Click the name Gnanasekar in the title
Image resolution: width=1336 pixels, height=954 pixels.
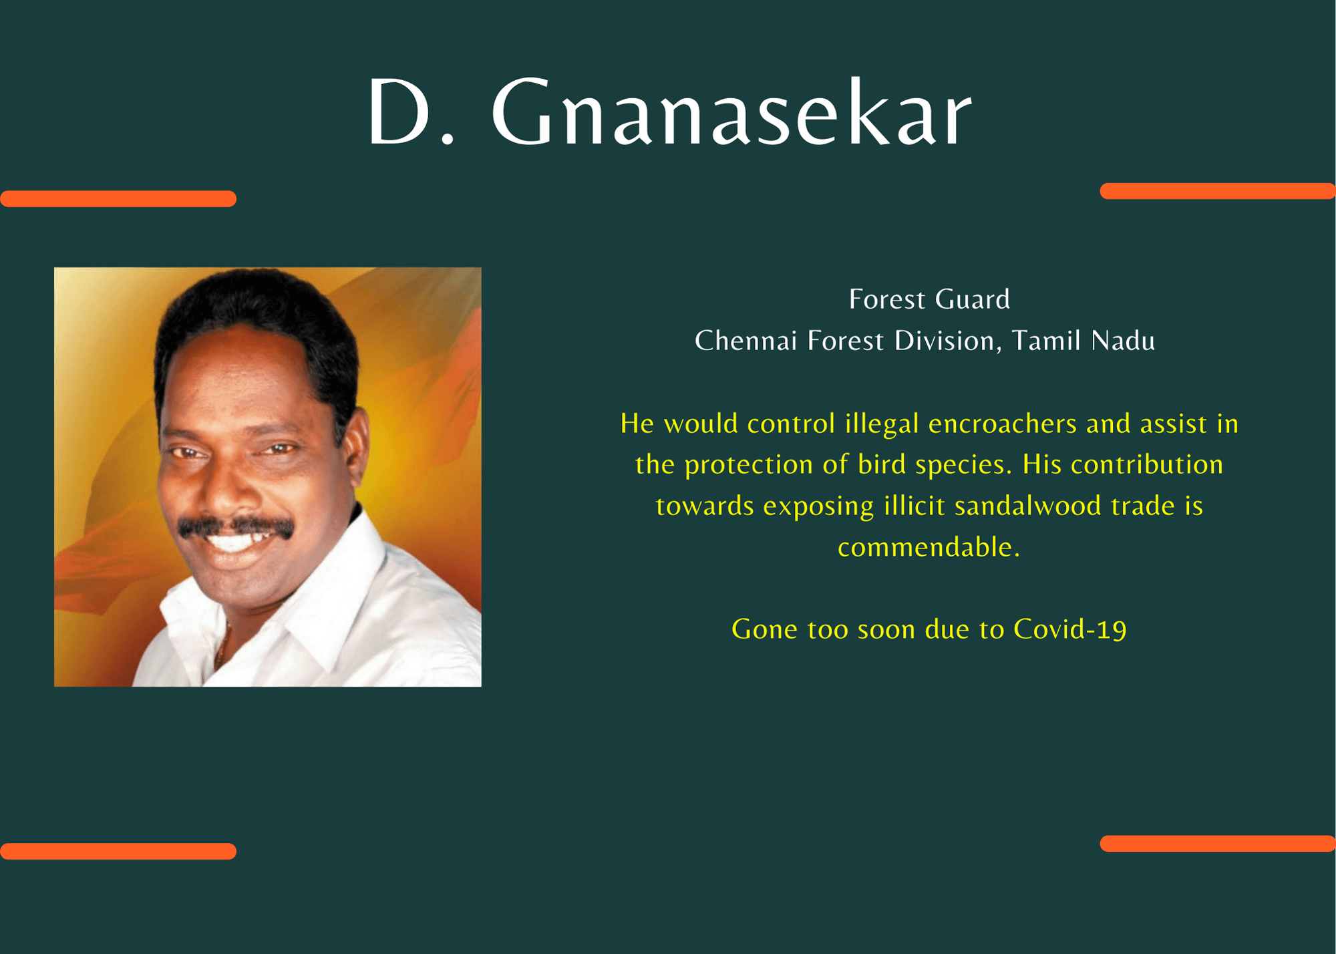point(731,112)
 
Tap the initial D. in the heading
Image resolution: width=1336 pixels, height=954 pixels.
point(411,112)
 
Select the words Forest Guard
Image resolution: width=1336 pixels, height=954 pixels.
point(929,299)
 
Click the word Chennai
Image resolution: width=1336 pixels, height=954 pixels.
point(745,341)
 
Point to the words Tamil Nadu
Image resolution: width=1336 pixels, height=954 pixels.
point(1083,341)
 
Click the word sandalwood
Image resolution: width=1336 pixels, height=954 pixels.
point(1027,506)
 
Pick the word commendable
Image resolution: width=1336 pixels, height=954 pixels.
point(929,547)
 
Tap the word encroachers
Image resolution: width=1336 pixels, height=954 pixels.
point(1003,424)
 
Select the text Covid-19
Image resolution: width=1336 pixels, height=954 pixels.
point(1070,629)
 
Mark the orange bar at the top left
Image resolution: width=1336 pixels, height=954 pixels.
point(118,198)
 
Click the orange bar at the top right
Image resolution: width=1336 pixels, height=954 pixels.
point(1218,191)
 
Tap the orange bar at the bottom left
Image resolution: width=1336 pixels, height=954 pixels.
point(118,851)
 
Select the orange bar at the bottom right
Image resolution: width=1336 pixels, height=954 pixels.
point(1218,843)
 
